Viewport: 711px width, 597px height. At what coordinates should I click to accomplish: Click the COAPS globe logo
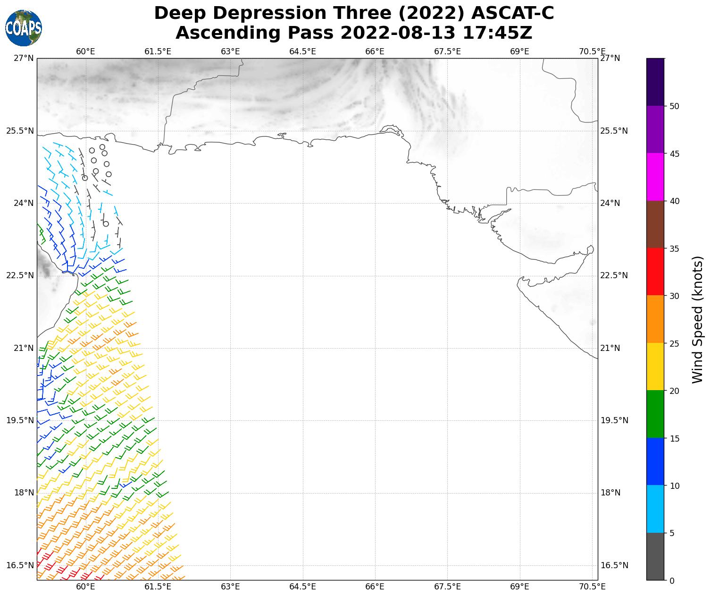[x=23, y=28]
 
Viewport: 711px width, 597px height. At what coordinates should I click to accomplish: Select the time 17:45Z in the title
[x=497, y=33]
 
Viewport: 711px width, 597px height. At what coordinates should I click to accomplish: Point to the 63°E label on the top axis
[x=230, y=51]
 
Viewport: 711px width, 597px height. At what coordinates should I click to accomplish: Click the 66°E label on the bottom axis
[x=375, y=587]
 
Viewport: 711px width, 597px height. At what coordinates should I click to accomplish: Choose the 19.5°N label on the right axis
[x=614, y=421]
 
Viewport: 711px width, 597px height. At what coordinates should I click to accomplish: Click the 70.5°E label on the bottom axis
[x=592, y=587]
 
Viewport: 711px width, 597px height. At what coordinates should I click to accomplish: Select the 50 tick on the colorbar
[x=674, y=106]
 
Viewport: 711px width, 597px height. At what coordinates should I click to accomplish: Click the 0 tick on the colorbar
[x=672, y=580]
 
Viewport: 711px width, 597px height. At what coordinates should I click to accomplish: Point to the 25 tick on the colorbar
[x=674, y=343]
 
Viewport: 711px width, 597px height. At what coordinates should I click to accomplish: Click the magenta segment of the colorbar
[x=655, y=177]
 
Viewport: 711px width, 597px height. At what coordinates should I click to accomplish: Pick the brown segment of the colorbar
[x=655, y=224]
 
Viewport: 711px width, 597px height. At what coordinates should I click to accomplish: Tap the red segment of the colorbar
[x=655, y=272]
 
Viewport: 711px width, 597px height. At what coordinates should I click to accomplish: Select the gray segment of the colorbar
[x=655, y=556]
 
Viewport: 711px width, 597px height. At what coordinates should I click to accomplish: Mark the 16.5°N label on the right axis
[x=614, y=565]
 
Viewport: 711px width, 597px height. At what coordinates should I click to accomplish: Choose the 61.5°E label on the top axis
[x=158, y=51]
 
